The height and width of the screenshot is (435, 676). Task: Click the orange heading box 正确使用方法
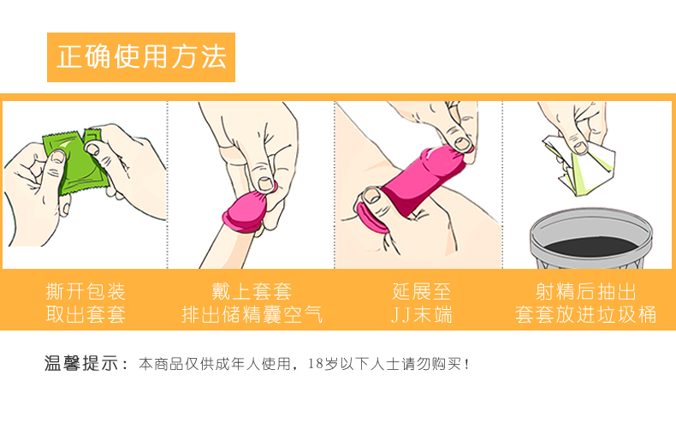[x=141, y=57]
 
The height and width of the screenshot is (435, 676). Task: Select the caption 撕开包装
[x=85, y=290]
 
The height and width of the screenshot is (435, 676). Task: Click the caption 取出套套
[x=85, y=314]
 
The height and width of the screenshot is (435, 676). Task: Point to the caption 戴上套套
[x=252, y=290]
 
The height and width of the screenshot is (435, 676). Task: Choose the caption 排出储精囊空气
[x=252, y=314]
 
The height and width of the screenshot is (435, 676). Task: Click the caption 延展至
[x=420, y=290]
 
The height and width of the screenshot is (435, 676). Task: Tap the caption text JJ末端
[x=420, y=314]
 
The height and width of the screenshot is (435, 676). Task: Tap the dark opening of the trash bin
[x=590, y=235]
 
